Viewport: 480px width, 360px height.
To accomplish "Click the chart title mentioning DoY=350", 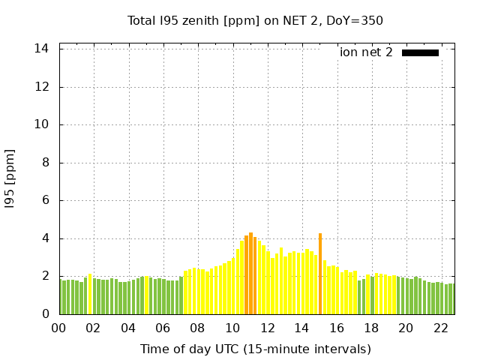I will click(x=255, y=20).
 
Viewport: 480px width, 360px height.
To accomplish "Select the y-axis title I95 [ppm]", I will click(x=10, y=178).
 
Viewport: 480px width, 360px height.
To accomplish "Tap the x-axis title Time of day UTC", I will click(x=255, y=349).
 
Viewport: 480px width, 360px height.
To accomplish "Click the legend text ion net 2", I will click(x=366, y=52).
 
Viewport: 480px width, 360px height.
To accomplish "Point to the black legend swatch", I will click(x=420, y=52).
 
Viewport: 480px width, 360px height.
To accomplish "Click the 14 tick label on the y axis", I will click(x=43, y=49).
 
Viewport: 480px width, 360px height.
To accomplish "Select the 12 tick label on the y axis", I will click(x=43, y=87).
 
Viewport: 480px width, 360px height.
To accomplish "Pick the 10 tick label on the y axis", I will click(x=43, y=124).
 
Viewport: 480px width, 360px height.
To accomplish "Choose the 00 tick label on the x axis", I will click(x=59, y=328).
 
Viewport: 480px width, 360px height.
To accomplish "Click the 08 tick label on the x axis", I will click(x=198, y=328).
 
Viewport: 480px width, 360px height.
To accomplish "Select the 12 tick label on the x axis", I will click(x=268, y=328).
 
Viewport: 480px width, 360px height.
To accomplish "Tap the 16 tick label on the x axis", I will click(x=337, y=328).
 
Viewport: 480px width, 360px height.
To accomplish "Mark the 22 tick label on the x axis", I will click(x=441, y=328).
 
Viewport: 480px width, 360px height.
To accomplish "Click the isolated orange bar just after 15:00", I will click(x=320, y=274).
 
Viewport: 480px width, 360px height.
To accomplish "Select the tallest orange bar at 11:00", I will click(x=250, y=274).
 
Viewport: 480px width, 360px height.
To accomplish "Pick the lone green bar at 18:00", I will click(x=372, y=295).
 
